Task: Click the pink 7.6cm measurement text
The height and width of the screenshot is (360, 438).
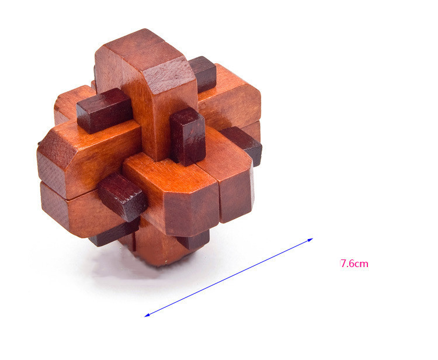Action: (354, 264)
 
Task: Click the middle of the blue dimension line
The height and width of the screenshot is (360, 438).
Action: (228, 277)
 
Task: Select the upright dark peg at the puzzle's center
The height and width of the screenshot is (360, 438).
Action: (187, 136)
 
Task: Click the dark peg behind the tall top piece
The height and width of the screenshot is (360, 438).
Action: (203, 74)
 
